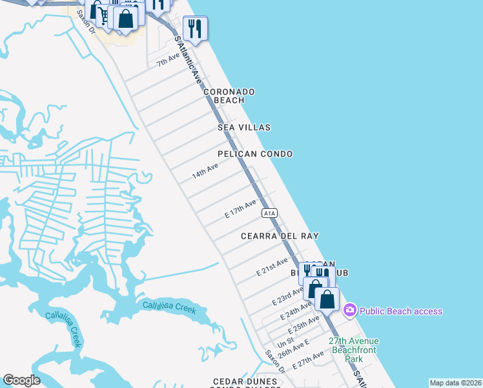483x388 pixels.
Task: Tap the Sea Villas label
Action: (x=244, y=128)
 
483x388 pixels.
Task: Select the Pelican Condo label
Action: (x=255, y=154)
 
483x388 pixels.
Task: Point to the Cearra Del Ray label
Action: (x=280, y=237)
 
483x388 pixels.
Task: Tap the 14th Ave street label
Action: (x=205, y=171)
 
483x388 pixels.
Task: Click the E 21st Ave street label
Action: (x=272, y=266)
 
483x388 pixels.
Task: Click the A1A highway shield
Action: (x=269, y=213)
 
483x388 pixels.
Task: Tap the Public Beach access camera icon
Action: (x=350, y=311)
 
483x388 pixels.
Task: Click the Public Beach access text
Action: (x=401, y=311)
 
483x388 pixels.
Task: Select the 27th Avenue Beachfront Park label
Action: (x=353, y=349)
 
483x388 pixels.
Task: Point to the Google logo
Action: (x=21, y=380)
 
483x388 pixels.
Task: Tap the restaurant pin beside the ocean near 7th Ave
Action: (x=194, y=28)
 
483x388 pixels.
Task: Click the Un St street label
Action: (x=286, y=340)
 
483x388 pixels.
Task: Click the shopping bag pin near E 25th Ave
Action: (x=327, y=300)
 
